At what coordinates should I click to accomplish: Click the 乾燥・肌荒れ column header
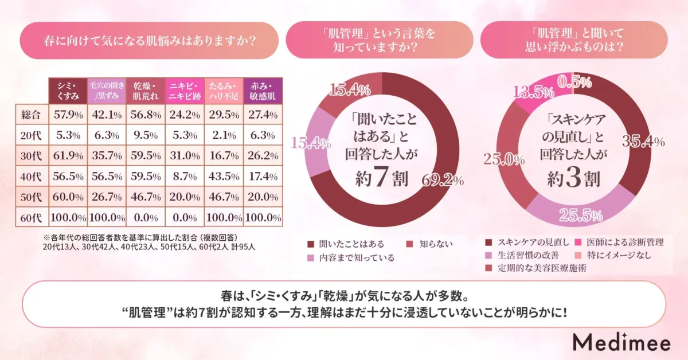[x=145, y=91]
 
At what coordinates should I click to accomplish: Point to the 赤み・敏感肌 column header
[x=263, y=91]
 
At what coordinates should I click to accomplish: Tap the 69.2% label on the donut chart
[x=443, y=182]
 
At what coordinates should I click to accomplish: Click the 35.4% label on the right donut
[x=642, y=141]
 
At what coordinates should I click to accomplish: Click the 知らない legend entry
[x=433, y=244]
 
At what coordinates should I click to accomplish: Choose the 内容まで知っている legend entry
[x=351, y=258]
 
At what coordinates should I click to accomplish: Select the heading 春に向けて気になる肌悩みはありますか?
[x=150, y=41]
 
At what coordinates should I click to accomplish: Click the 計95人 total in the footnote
[x=243, y=246]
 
